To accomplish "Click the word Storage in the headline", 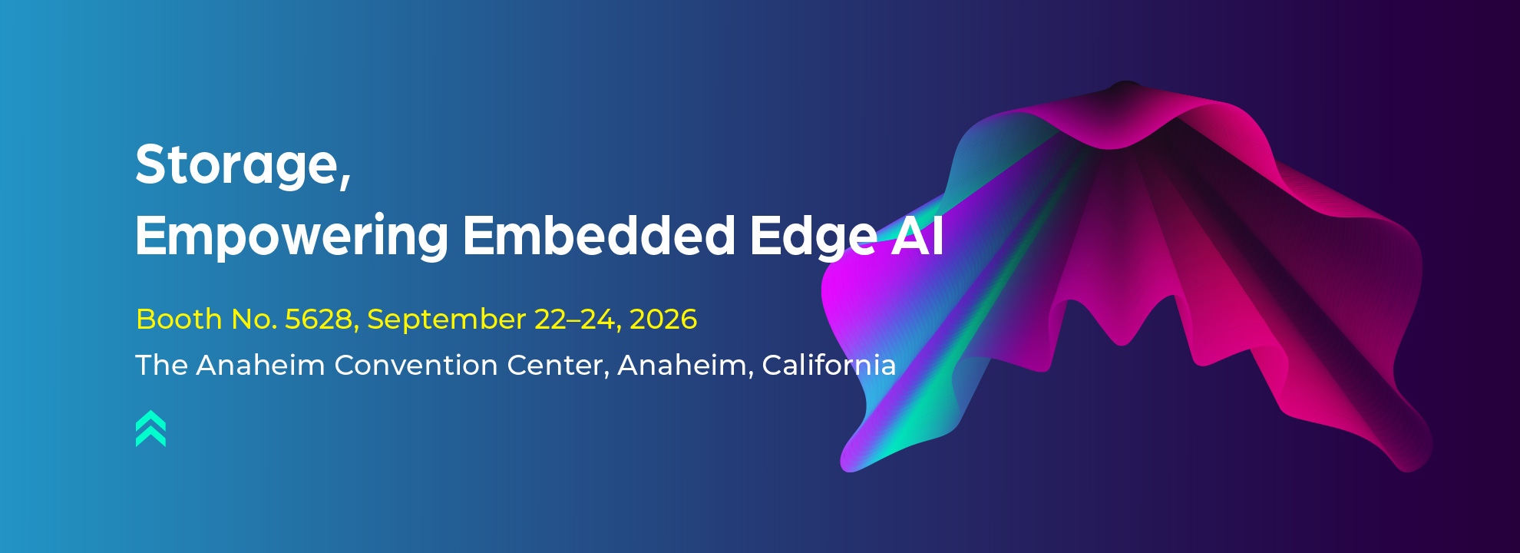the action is click(x=236, y=164).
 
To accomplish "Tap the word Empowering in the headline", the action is click(x=292, y=236).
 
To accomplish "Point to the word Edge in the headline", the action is click(x=813, y=236).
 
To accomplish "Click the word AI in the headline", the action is click(x=917, y=235).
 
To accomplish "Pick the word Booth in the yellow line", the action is click(x=179, y=319).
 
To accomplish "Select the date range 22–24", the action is click(x=576, y=319).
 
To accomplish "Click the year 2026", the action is click(x=663, y=319).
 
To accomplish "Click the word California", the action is click(x=829, y=365).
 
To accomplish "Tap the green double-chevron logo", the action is click(x=150, y=429).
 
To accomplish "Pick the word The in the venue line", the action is click(x=162, y=365).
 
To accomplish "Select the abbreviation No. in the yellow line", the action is click(x=254, y=319).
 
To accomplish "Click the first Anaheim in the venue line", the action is click(x=261, y=365).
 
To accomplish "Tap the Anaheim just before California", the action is click(x=682, y=365).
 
